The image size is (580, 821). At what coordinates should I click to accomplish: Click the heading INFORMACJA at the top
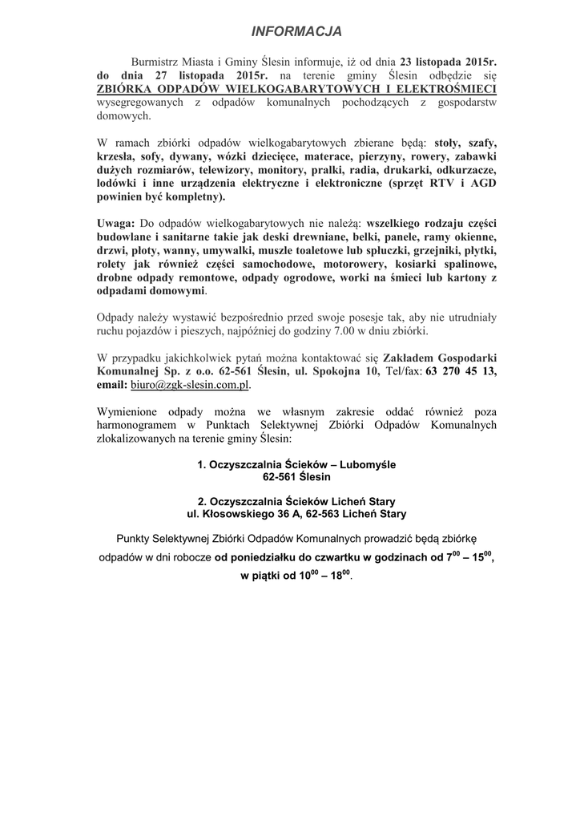pyautogui.click(x=296, y=31)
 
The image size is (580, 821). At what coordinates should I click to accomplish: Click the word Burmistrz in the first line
pyautogui.click(x=155, y=60)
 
